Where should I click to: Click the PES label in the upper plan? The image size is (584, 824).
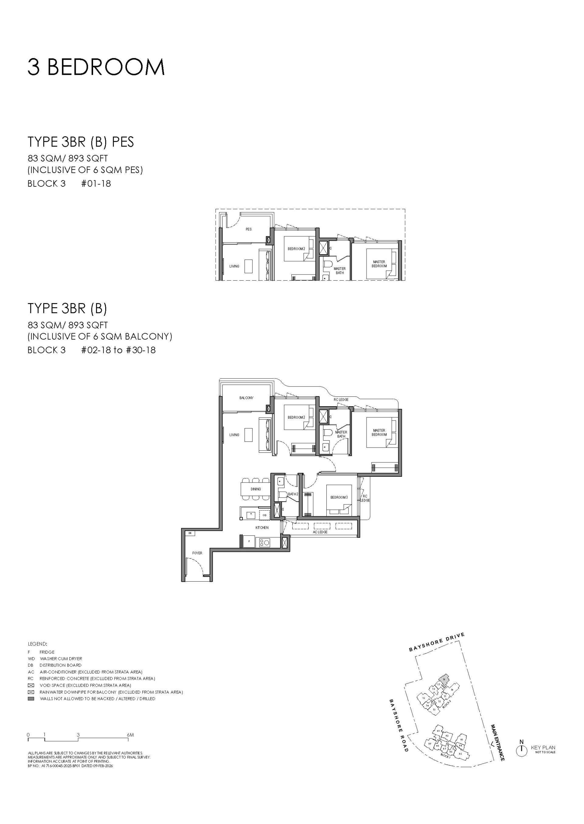click(x=249, y=229)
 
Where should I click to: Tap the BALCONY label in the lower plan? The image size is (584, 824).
click(x=246, y=398)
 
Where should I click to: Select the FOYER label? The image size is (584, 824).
click(x=197, y=553)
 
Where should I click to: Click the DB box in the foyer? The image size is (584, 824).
click(x=190, y=533)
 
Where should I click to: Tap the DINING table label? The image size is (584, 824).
click(x=256, y=489)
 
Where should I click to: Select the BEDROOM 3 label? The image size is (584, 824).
click(x=339, y=497)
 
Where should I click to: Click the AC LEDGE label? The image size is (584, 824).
click(x=320, y=532)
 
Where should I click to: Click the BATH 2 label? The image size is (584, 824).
click(x=293, y=494)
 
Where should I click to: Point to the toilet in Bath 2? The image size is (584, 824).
click(x=283, y=495)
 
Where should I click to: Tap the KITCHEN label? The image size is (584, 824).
click(x=262, y=528)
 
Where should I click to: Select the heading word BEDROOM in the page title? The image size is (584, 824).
click(x=106, y=67)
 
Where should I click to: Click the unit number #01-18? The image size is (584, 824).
click(x=96, y=183)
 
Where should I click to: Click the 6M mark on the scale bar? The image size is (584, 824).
click(x=130, y=735)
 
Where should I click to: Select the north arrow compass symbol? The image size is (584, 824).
click(x=521, y=751)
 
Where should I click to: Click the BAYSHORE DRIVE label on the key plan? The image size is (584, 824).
click(x=436, y=642)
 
